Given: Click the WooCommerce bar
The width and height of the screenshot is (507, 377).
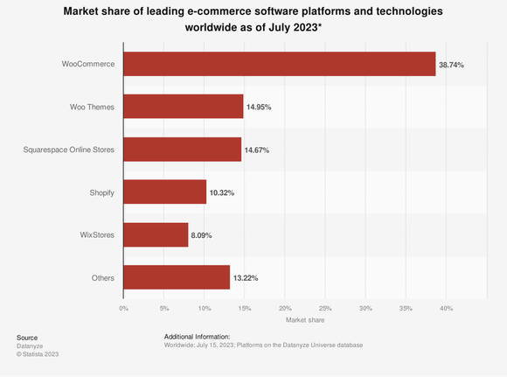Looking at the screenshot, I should pos(279,64).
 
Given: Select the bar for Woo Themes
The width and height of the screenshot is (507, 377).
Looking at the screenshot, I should pos(184,107).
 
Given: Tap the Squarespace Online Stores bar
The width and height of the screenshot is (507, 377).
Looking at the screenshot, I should pos(182,150).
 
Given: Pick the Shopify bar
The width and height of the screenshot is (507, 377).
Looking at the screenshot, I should pos(164,192).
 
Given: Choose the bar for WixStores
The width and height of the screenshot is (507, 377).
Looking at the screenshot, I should pos(156,234).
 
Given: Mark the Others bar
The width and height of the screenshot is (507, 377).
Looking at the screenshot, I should pos(177,277).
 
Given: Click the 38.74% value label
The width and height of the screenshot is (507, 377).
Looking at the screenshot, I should pos(451,65).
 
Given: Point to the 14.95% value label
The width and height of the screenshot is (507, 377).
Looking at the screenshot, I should pos(259,108).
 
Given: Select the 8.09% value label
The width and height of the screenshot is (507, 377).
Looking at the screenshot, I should pos(204,235).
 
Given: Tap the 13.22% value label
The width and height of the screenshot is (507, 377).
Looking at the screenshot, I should pos(245,278).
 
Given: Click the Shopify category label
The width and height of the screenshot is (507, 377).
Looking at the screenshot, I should pos(102,192).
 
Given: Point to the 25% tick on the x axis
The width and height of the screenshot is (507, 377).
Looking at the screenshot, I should pos(325,308).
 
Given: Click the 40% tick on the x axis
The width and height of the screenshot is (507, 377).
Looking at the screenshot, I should pos(446,308).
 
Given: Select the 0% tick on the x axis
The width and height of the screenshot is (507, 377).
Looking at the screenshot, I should pos(123,308).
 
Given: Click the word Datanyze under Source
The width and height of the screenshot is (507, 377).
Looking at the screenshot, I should pos(31,346).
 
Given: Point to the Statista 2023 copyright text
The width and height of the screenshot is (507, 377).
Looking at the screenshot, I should pos(38,353).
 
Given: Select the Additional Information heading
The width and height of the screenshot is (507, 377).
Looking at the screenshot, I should pos(197,337).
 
